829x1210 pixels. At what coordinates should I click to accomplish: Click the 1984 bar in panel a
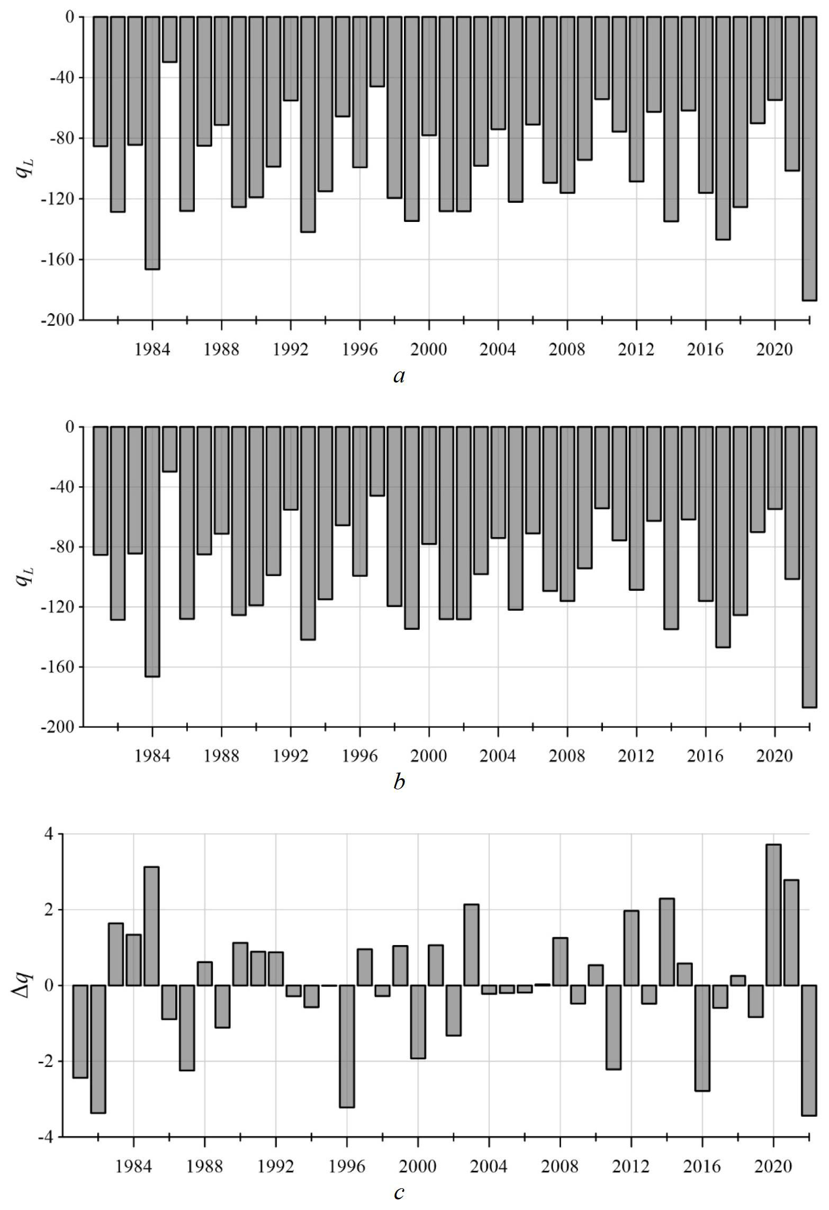152,143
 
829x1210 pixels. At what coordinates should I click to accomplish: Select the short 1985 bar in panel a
169,39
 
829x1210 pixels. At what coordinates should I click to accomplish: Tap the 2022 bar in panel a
809,158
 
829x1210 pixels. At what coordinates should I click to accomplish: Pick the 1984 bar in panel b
152,551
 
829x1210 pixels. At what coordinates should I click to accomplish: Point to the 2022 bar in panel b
809,567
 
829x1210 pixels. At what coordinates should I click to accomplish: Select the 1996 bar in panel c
347,1046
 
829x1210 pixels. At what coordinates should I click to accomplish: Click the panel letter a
399,376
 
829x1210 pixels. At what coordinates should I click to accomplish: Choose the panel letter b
399,781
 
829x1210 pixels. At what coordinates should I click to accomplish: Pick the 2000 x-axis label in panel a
429,350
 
